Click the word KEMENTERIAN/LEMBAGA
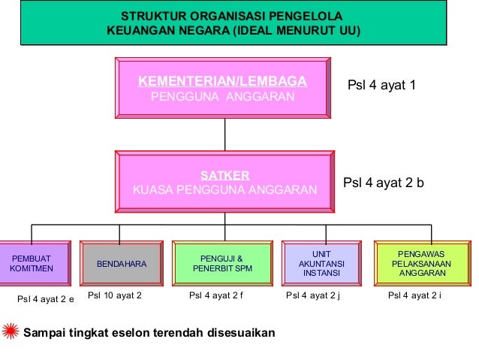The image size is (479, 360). click(222, 81)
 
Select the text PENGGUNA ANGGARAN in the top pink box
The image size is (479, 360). click(223, 97)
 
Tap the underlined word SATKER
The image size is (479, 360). click(224, 175)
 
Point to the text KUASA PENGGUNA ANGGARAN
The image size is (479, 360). click(224, 190)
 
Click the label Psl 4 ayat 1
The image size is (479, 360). click(381, 85)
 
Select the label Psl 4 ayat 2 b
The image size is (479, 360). click(384, 183)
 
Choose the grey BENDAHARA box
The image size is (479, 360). click(121, 265)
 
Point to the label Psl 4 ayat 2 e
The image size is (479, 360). click(45, 299)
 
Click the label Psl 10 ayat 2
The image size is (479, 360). click(115, 295)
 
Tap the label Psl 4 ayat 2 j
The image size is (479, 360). click(314, 296)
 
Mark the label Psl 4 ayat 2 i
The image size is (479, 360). click(414, 296)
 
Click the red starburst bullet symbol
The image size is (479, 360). click(10, 331)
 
